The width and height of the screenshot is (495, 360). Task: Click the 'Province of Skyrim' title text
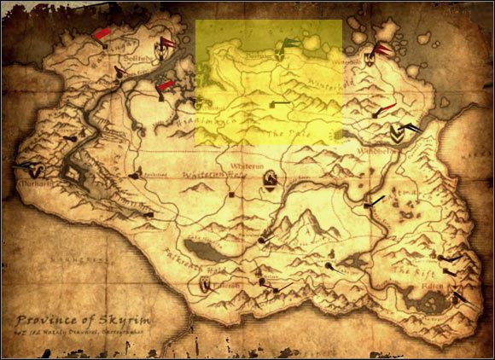(82, 312)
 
